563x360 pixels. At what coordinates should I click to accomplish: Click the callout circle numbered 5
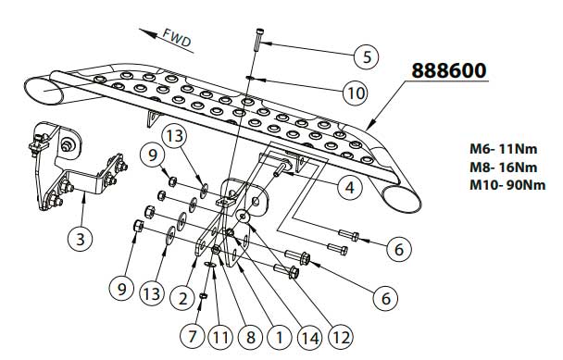[x=367, y=56]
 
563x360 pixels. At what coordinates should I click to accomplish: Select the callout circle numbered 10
[x=356, y=93]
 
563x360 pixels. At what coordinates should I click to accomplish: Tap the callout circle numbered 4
[x=350, y=187]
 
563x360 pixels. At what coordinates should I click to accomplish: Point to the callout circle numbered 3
[x=81, y=239]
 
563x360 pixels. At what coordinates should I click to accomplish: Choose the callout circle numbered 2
[x=183, y=298]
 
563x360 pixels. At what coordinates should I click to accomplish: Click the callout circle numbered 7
[x=193, y=336]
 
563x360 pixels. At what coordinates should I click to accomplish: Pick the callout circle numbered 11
[x=220, y=337]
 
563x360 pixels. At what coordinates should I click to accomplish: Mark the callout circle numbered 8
[x=250, y=337]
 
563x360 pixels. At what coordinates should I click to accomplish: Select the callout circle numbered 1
[x=280, y=337]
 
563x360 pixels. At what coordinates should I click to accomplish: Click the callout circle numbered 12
[x=341, y=336]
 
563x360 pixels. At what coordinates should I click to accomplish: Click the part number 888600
[x=449, y=70]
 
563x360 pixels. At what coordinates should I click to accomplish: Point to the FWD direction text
[x=177, y=38]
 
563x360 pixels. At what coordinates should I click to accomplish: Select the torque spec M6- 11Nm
[x=504, y=149]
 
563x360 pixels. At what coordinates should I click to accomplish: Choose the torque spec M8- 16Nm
[x=504, y=168]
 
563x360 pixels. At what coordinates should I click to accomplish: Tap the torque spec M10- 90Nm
[x=507, y=185]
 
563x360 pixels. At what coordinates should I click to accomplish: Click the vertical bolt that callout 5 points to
[x=259, y=40]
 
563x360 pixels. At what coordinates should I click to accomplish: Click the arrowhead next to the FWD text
[x=148, y=33]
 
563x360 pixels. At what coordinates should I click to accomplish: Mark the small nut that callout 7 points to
[x=203, y=296]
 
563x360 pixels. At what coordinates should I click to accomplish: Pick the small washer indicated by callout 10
[x=250, y=77]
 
